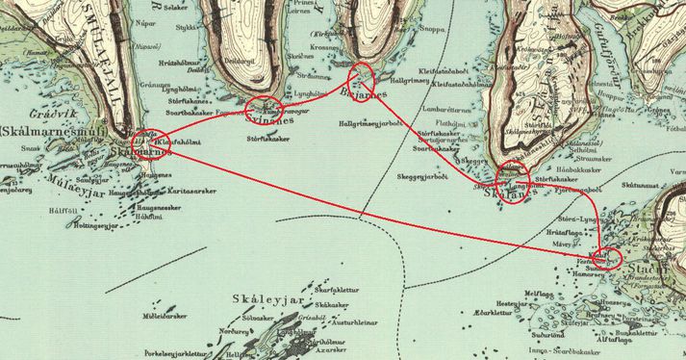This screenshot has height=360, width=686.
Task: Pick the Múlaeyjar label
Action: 71,166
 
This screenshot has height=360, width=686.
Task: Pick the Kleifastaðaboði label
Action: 444,68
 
